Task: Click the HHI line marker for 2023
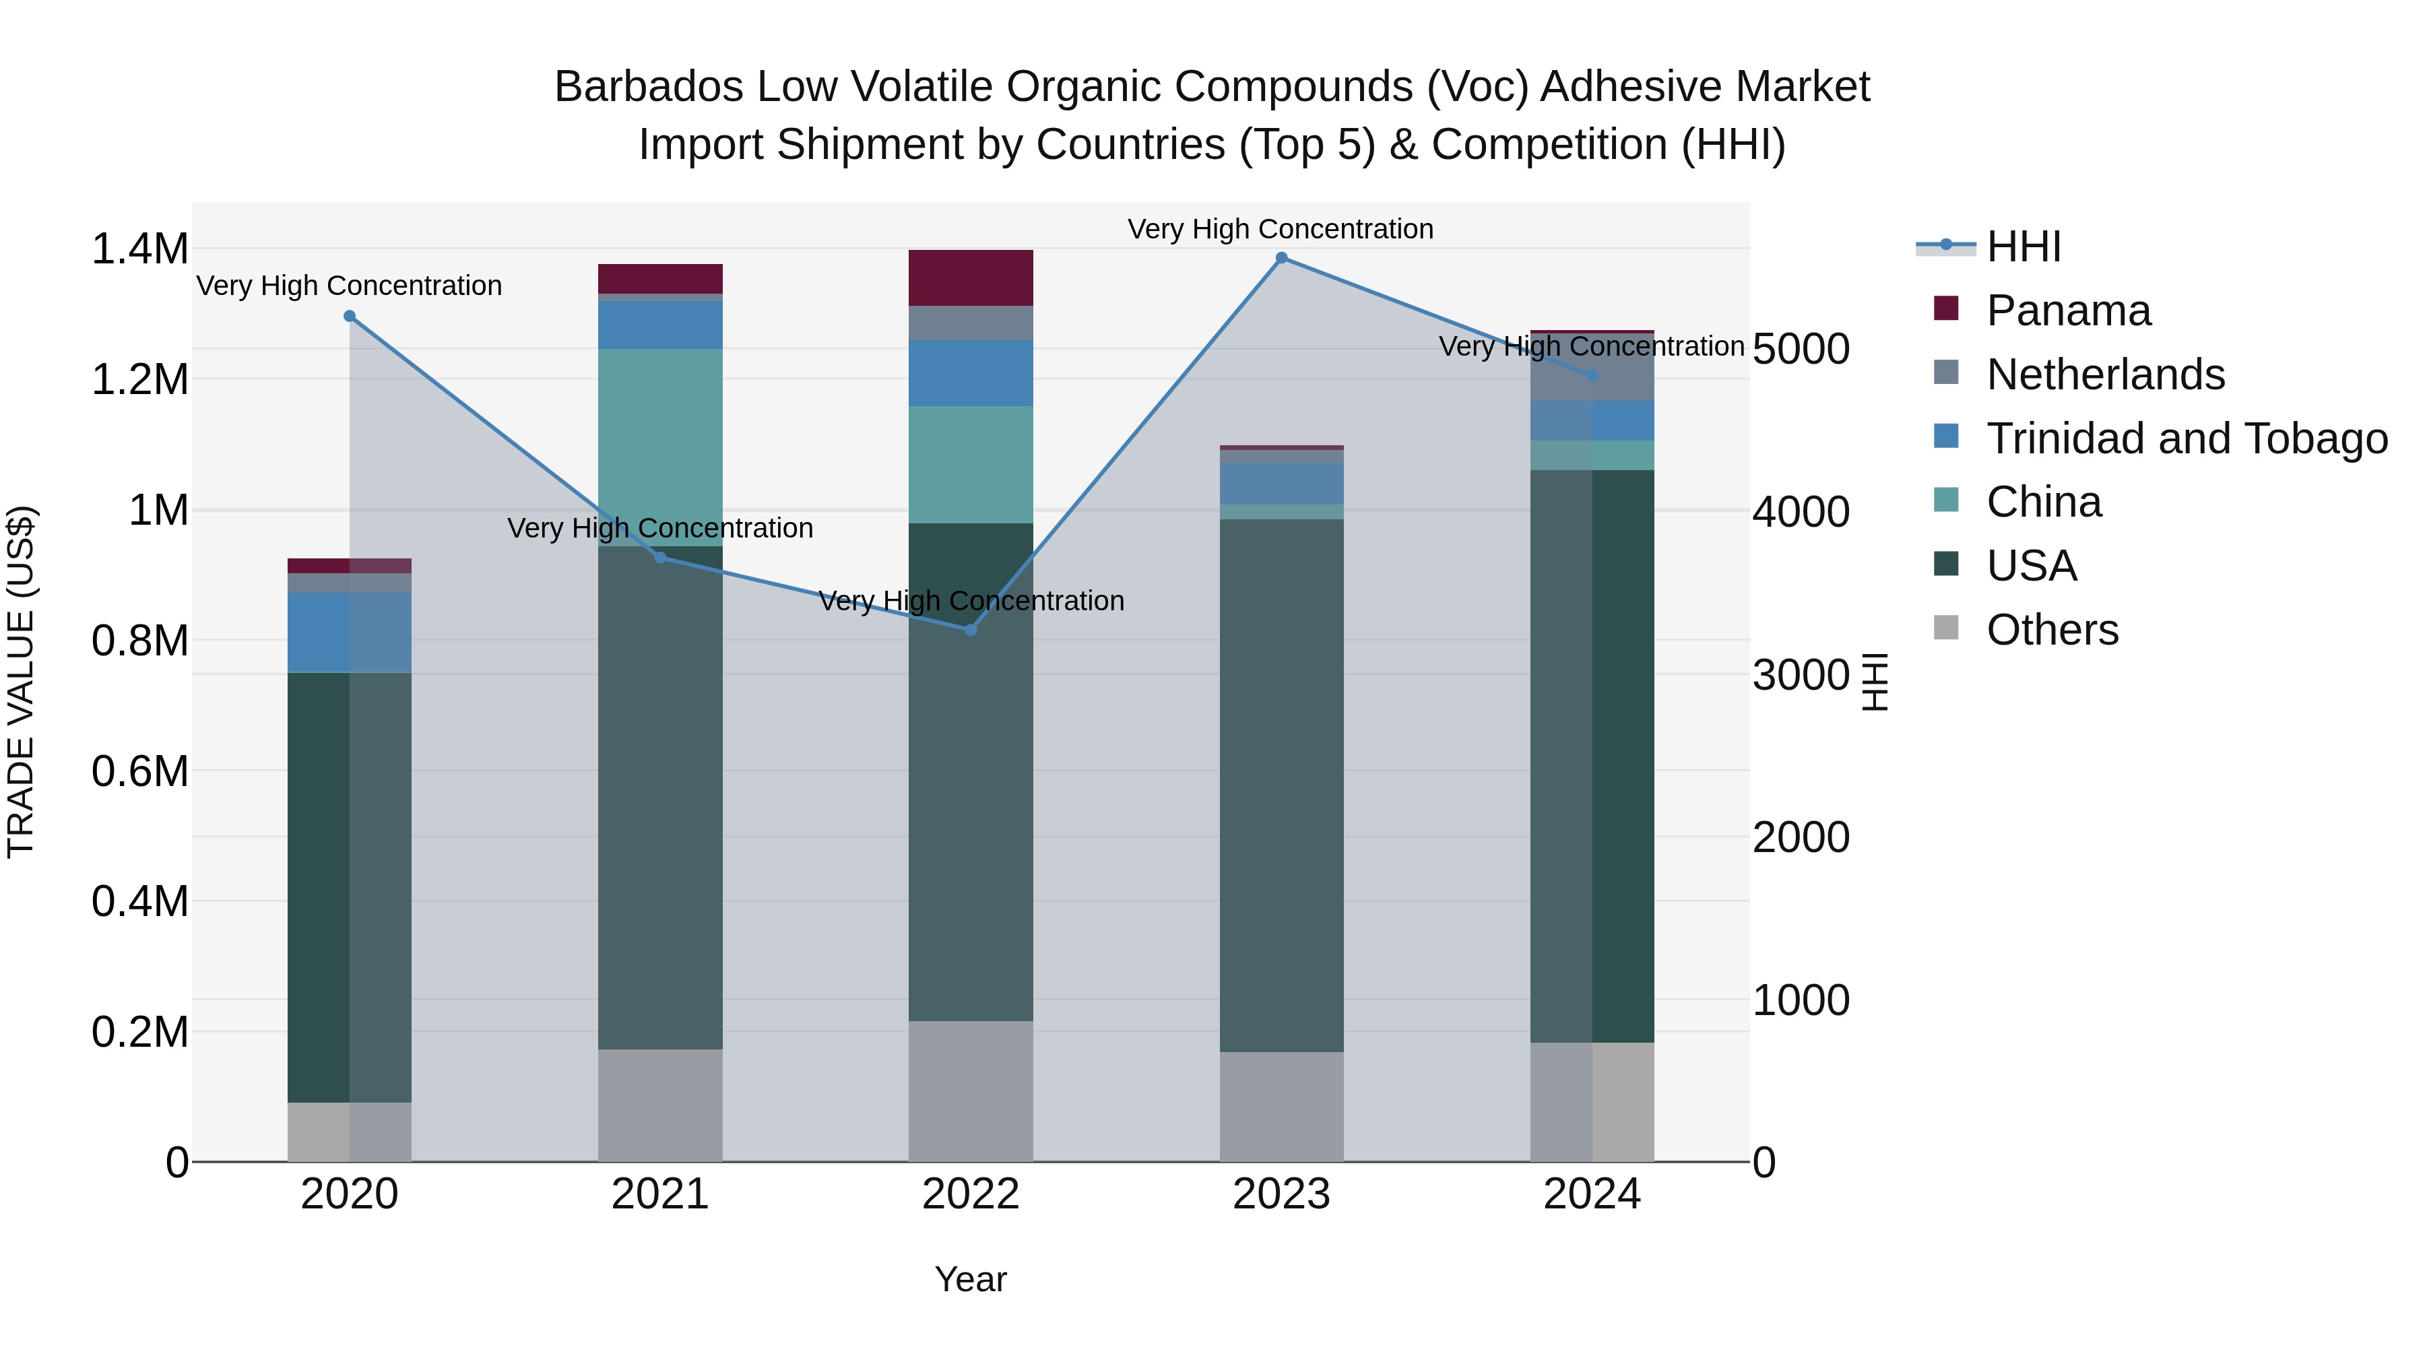1281,258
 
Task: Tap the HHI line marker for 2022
971,630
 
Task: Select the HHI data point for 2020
349,317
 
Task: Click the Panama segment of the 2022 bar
971,278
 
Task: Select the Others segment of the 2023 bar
1281,1106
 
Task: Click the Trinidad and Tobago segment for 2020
349,632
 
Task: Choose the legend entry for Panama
2067,311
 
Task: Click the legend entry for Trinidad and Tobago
2186,439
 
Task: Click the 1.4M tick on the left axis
139,249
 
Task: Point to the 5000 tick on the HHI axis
1801,349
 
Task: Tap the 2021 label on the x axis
660,1194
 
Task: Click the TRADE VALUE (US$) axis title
22,682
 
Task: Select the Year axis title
971,1279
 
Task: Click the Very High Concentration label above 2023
1281,229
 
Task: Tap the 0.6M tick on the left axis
139,772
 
